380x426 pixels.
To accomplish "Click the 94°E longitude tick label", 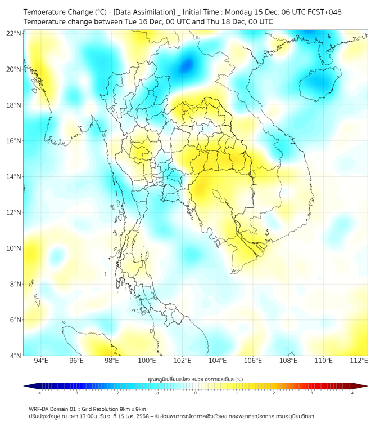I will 41,361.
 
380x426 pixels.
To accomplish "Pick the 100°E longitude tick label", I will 147,361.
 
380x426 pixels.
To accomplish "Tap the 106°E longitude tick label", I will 253,361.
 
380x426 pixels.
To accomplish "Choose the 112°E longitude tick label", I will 359,361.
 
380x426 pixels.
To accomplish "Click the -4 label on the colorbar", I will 38,393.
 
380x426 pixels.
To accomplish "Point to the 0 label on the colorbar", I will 196,393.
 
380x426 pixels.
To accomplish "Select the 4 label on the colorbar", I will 352,393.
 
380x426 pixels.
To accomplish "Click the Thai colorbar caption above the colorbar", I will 195,379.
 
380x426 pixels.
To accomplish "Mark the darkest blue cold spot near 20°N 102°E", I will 186,65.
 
